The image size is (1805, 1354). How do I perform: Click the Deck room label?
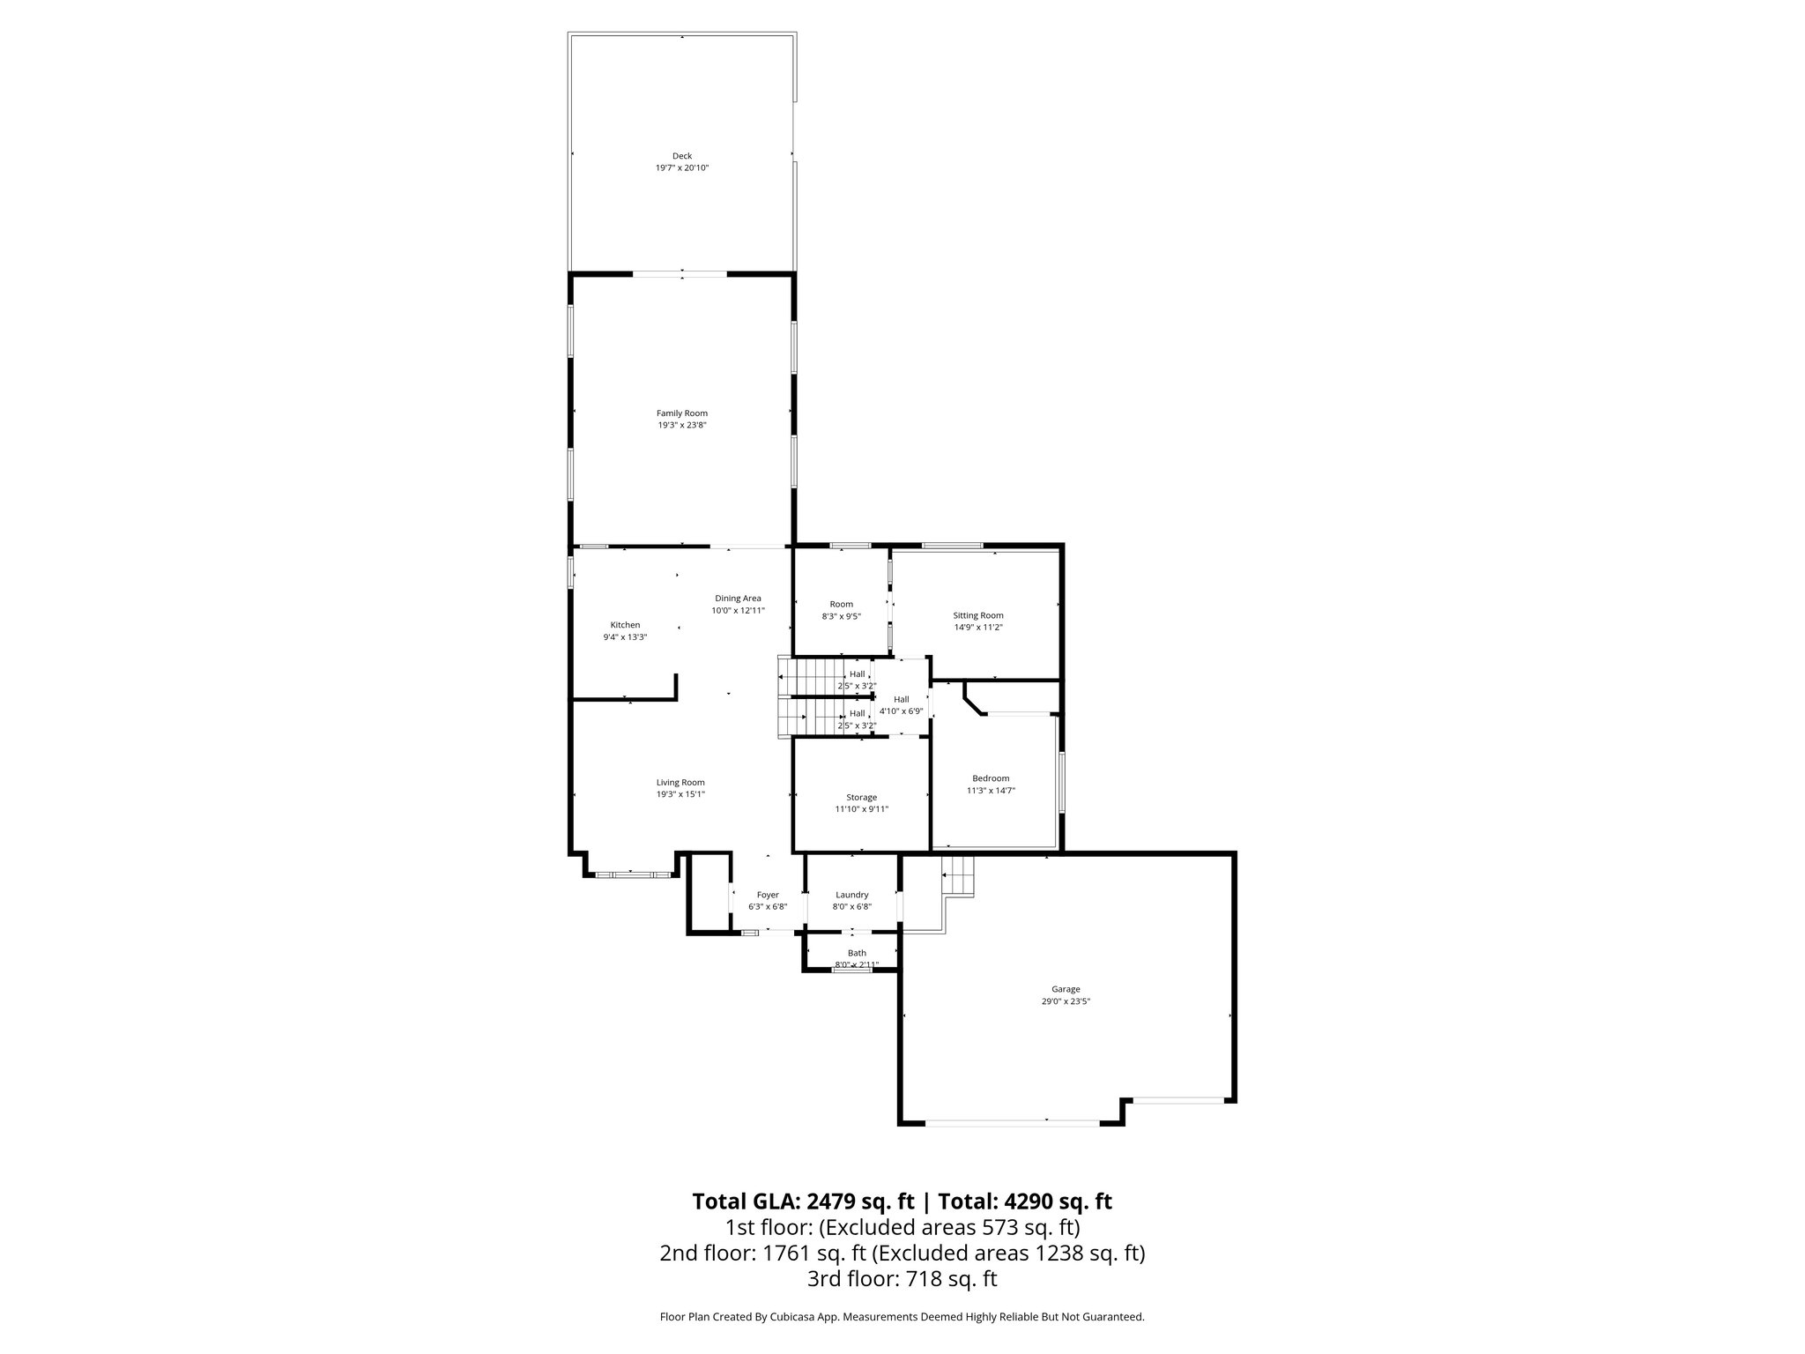(x=681, y=156)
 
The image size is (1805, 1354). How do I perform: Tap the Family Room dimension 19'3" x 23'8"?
(x=681, y=425)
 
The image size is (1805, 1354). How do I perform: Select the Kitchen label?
(x=625, y=625)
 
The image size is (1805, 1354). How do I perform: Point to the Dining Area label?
(x=738, y=599)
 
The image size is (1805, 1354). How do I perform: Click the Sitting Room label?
(x=977, y=615)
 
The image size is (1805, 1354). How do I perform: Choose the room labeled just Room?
(x=841, y=605)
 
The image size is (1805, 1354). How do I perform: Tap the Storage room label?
(x=861, y=798)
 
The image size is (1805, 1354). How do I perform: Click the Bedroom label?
(x=991, y=778)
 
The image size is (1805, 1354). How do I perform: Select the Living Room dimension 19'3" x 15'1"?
(x=680, y=794)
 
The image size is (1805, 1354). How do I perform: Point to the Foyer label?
(x=768, y=895)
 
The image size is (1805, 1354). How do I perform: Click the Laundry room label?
(x=851, y=895)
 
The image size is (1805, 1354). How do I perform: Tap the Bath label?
(x=857, y=953)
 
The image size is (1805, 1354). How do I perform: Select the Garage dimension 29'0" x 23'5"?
(x=1066, y=1001)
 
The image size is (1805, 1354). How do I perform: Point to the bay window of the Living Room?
(x=631, y=874)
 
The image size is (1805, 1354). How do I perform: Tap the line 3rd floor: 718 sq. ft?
(x=902, y=1279)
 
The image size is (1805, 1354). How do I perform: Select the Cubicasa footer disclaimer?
(x=902, y=1317)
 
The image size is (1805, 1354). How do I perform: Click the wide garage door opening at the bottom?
(x=1013, y=1122)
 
